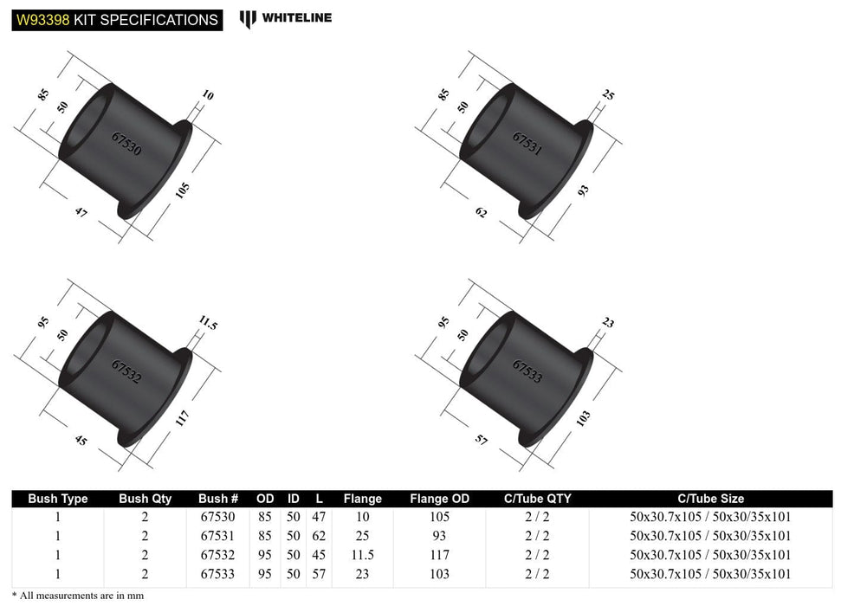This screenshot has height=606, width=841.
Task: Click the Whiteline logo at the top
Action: coord(286,17)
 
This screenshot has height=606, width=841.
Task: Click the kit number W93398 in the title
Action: coord(42,19)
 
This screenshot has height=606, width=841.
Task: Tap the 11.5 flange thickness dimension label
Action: coord(205,326)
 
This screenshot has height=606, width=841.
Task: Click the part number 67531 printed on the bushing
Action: coord(527,144)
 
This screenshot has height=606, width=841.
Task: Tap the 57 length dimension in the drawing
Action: coord(482,440)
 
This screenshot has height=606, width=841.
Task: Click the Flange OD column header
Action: coord(439,499)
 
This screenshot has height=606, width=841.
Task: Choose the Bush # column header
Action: coord(217,499)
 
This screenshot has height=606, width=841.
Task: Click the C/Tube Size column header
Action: coord(710,499)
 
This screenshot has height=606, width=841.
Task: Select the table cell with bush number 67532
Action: coord(217,555)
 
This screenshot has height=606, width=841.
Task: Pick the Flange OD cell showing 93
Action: coord(439,536)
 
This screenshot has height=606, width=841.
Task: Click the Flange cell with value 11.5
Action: coord(362,555)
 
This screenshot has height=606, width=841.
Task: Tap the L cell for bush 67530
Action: coord(319,518)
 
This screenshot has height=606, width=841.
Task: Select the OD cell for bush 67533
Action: coord(265,573)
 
